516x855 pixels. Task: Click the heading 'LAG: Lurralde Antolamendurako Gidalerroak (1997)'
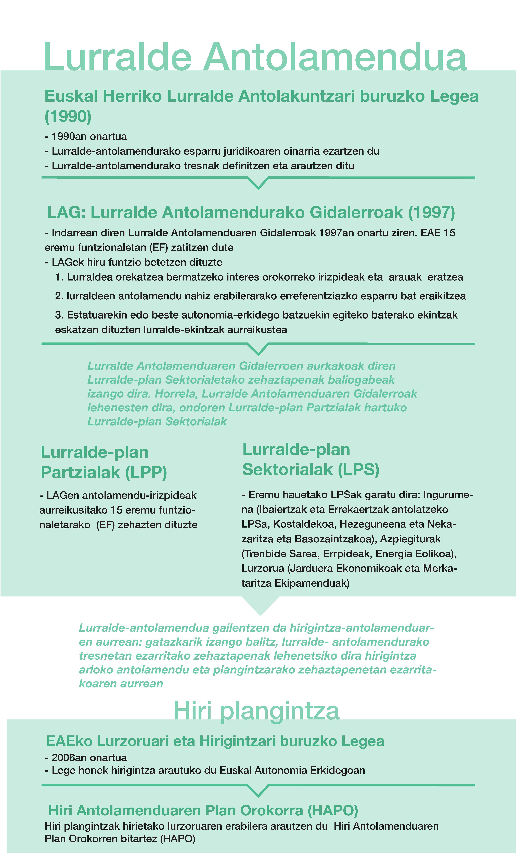pyautogui.click(x=251, y=212)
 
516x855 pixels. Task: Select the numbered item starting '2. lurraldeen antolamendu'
pyautogui.click(x=260, y=296)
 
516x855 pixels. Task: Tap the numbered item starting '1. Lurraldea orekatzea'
pyautogui.click(x=259, y=277)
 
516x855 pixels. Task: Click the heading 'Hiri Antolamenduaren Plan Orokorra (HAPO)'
pyautogui.click(x=203, y=811)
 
